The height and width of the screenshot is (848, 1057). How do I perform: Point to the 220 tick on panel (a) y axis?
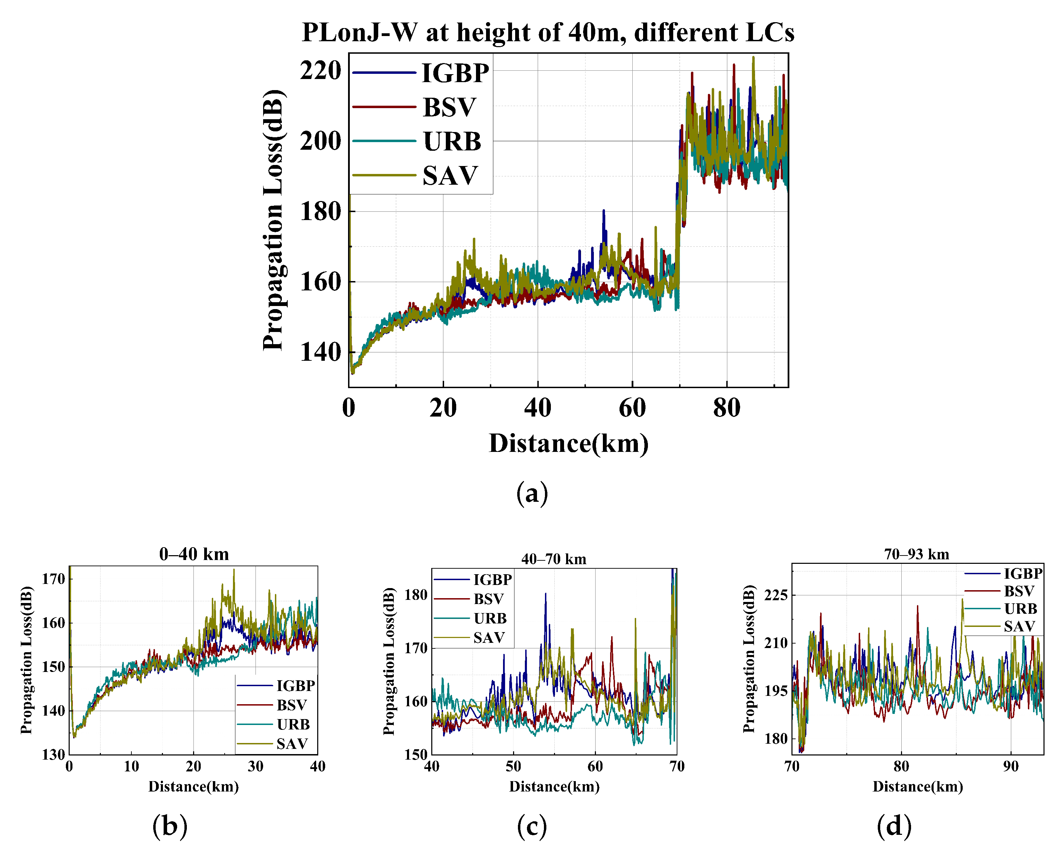[321, 71]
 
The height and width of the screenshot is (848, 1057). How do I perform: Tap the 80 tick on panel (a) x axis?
[727, 408]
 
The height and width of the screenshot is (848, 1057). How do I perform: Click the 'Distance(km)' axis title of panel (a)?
[568, 444]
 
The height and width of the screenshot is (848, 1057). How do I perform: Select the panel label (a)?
[532, 493]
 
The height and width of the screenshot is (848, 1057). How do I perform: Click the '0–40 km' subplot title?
[194, 554]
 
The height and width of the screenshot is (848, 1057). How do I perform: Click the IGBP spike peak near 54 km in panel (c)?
[545, 594]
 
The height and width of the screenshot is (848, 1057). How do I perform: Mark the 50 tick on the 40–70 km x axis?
[513, 767]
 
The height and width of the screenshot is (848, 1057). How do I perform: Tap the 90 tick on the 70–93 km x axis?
[1011, 767]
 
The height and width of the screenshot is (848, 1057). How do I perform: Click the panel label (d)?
[894, 825]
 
